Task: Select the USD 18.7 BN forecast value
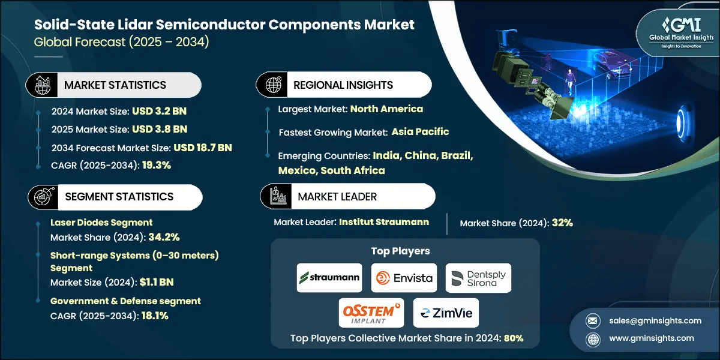coord(203,148)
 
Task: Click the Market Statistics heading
coord(115,85)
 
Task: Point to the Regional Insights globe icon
coord(273,85)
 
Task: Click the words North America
coord(386,109)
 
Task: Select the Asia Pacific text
coord(420,132)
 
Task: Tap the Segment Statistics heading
coord(119,197)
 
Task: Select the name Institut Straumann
coord(384,222)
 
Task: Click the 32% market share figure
coord(562,223)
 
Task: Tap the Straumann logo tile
coord(329,278)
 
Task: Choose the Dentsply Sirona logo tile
coord(478,278)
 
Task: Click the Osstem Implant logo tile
coord(371,313)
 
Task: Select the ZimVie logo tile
coord(446,313)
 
